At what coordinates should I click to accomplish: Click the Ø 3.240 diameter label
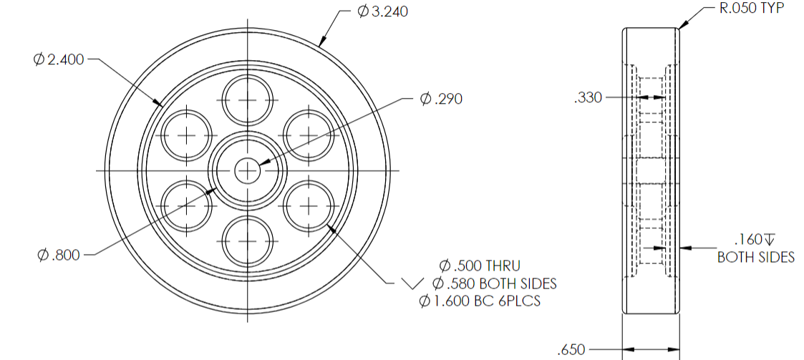coord(382,12)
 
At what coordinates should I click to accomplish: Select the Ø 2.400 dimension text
coord(59,60)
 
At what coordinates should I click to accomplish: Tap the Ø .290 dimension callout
coord(441,99)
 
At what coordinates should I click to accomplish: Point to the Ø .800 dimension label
coord(60,255)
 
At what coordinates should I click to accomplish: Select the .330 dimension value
coord(588,99)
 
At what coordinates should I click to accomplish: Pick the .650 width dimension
coord(571,350)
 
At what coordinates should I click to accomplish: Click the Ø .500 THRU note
coord(480,266)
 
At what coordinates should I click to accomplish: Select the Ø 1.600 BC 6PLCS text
coord(480,301)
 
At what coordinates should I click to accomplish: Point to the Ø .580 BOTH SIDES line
coord(495,283)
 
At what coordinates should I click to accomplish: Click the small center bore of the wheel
coord(248,170)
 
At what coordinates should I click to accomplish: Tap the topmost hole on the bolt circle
coord(248,99)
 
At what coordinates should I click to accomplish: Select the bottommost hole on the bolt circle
coord(248,241)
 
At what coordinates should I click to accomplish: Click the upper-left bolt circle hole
coord(187,135)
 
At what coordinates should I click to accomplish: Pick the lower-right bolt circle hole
coord(309,205)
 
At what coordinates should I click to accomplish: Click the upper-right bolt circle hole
coord(309,135)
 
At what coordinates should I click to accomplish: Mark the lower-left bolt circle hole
coord(187,205)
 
